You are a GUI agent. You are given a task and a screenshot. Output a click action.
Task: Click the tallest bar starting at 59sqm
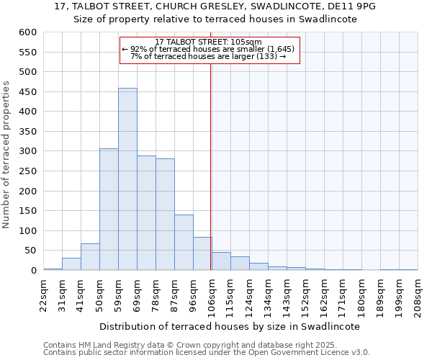(127, 179)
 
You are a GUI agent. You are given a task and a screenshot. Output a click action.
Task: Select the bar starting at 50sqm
(109, 210)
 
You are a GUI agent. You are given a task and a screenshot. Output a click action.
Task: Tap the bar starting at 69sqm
(146, 213)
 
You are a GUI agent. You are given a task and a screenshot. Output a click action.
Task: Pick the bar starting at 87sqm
(184, 243)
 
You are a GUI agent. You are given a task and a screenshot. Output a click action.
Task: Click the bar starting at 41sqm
(90, 257)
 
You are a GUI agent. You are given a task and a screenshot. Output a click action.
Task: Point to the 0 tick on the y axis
(33, 271)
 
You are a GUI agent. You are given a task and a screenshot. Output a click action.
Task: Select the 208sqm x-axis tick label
(418, 293)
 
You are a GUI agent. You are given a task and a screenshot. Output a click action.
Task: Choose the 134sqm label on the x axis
(268, 293)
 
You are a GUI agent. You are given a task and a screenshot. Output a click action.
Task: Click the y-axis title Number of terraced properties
(6, 155)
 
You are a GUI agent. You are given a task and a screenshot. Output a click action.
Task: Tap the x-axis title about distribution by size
(229, 326)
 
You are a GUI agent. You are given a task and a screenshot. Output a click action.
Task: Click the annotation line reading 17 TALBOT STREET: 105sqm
(209, 42)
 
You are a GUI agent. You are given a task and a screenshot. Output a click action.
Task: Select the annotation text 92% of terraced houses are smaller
(209, 49)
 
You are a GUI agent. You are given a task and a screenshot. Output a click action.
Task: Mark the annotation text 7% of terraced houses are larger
(209, 56)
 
